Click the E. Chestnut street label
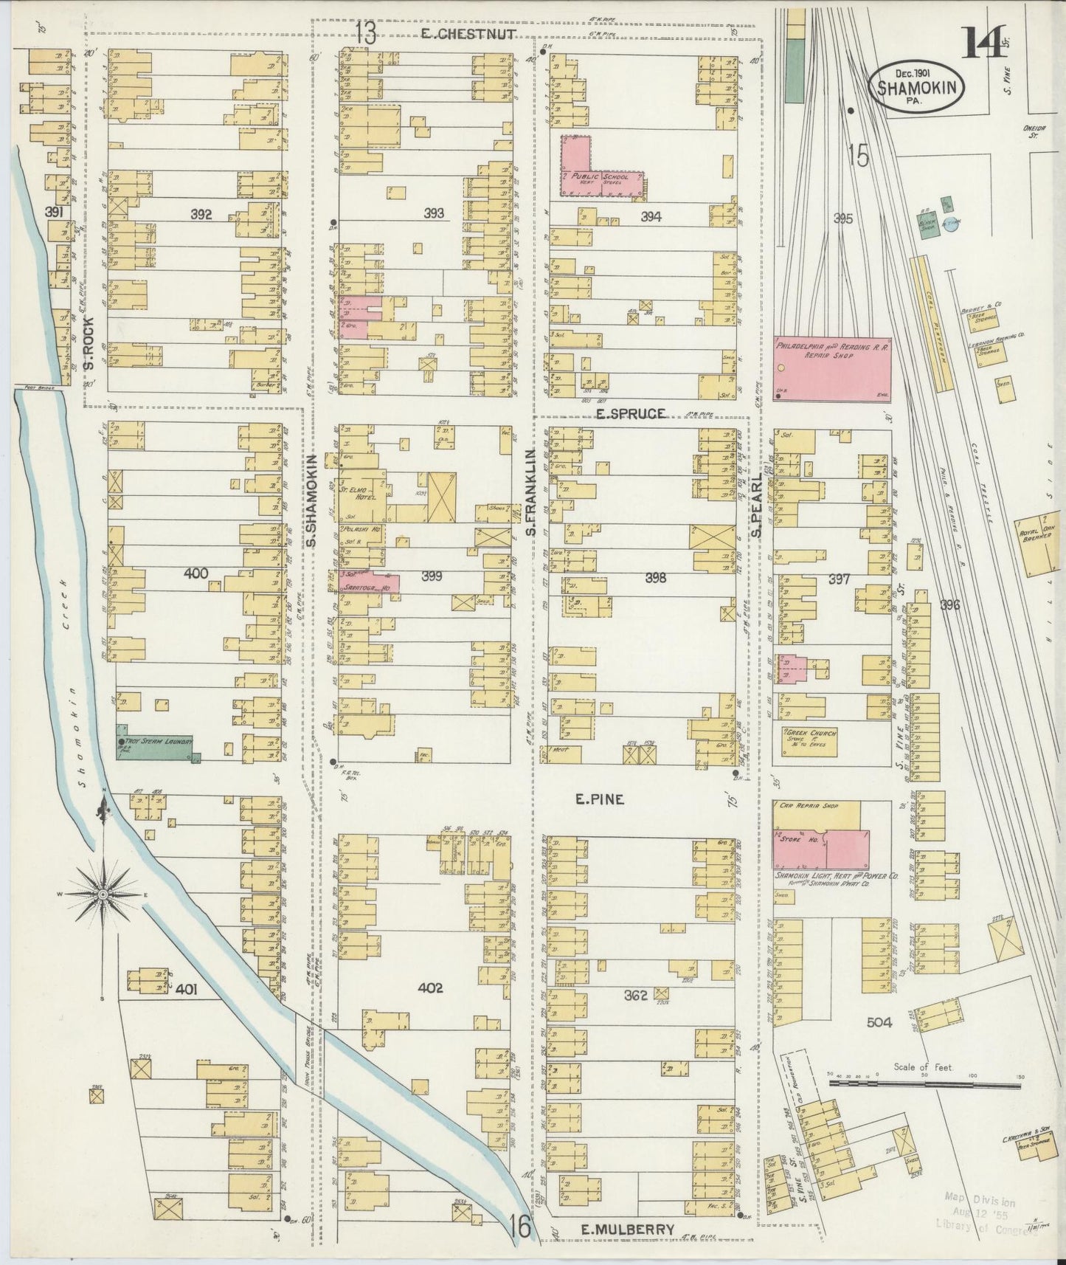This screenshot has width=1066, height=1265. click(x=468, y=33)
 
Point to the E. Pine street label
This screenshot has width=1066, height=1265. click(x=600, y=799)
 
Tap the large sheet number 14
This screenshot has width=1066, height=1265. click(x=980, y=46)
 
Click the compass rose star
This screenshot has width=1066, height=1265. click(x=104, y=894)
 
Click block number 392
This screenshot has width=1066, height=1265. click(x=201, y=215)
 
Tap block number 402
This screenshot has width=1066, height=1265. click(x=430, y=987)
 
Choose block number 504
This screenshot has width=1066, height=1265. click(x=879, y=1022)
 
